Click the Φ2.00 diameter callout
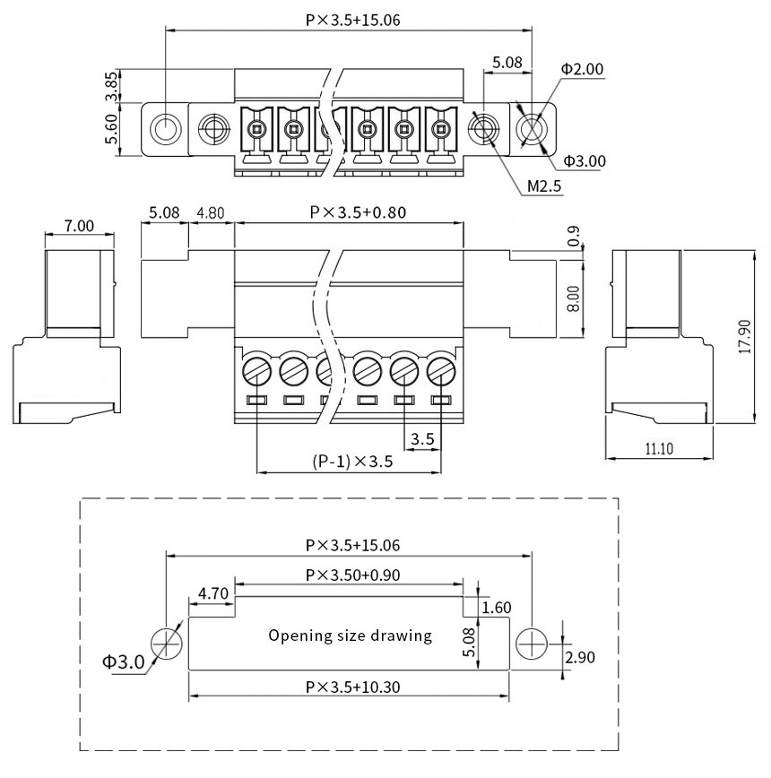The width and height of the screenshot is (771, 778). point(582,69)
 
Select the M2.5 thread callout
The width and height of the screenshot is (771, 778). point(544,186)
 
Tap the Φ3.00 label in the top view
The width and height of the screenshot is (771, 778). point(585,161)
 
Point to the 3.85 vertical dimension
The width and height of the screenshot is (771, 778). point(112,86)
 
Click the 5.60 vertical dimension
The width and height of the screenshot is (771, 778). point(112,129)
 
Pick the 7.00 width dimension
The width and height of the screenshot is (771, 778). point(79,226)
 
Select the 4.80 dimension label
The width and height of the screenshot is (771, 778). point(211,212)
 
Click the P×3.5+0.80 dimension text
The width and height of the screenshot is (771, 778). point(358,212)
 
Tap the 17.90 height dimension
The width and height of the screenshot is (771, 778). point(745,336)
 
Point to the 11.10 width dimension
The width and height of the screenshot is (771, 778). point(659,449)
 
